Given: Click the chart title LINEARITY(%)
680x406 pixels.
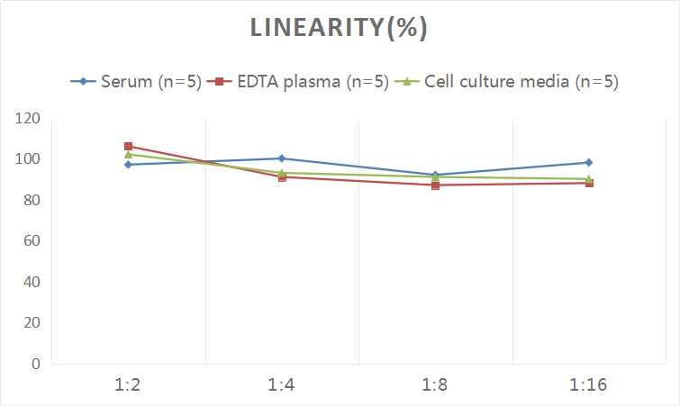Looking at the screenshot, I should click(x=340, y=28).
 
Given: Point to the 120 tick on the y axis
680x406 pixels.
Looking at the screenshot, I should click(x=28, y=118).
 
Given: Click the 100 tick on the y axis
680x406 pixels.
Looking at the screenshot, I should click(x=28, y=159).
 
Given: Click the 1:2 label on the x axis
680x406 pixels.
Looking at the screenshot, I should click(x=129, y=385).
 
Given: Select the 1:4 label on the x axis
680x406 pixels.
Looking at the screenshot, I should click(x=282, y=385).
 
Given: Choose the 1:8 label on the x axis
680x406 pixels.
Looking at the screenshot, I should click(x=435, y=385).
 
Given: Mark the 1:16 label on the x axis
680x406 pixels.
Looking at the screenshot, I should click(x=588, y=385).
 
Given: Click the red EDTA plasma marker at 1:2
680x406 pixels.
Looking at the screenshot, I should click(x=129, y=146).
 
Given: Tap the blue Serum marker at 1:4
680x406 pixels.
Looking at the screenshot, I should click(x=282, y=158).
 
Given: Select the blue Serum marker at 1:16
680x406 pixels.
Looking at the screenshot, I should click(x=588, y=163).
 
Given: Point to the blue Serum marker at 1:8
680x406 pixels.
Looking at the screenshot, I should click(x=435, y=175).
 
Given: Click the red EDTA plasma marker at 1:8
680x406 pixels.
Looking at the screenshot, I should click(x=435, y=185).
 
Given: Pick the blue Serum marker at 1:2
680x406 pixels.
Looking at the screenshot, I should click(x=129, y=165).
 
